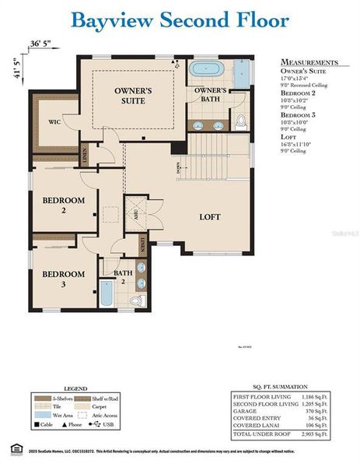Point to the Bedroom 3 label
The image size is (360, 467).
(x=63, y=279)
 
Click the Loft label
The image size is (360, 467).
(x=210, y=217)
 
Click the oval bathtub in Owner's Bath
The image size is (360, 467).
(x=209, y=68)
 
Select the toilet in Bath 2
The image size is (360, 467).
(x=137, y=299)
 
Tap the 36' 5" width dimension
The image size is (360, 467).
(x=41, y=44)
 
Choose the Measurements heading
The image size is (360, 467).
(x=309, y=62)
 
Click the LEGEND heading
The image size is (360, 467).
(x=97, y=387)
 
